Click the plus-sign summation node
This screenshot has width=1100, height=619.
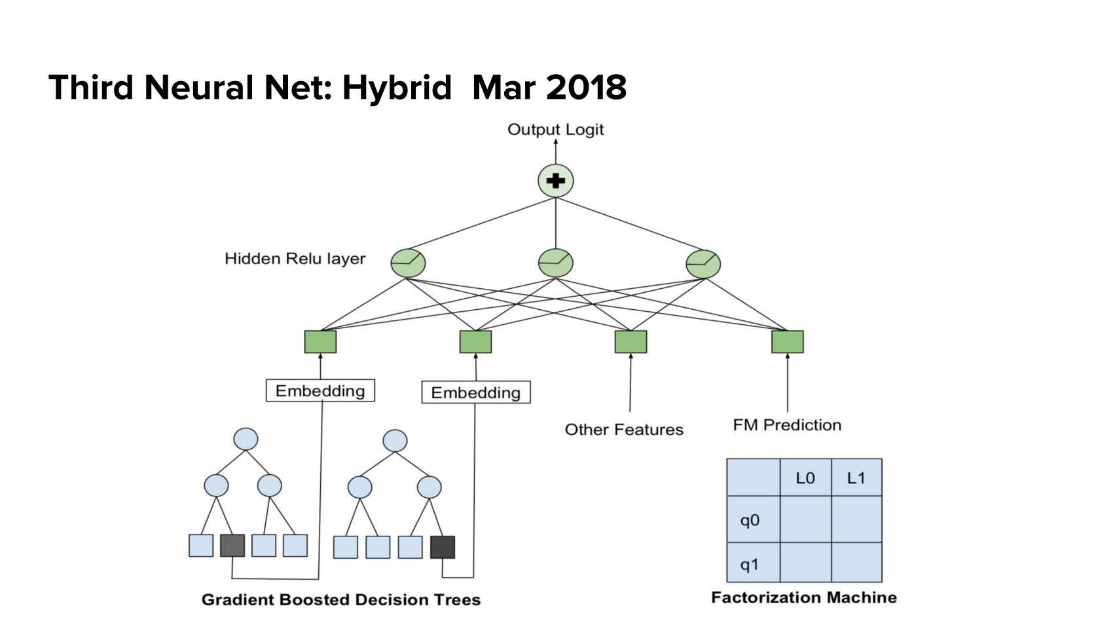(555, 181)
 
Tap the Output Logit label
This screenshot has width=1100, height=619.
(555, 130)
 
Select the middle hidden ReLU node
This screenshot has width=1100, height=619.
(555, 263)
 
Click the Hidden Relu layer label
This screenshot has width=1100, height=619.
(295, 259)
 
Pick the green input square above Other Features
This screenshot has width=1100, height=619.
(631, 342)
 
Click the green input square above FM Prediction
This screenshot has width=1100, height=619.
(787, 342)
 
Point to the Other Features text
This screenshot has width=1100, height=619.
(624, 430)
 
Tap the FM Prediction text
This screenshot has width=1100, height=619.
(787, 425)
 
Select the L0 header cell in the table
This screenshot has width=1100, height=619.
(805, 478)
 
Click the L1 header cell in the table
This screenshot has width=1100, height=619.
(856, 478)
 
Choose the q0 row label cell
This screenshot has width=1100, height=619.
(753, 520)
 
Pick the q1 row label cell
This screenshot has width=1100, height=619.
(753, 563)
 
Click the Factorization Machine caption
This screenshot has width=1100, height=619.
(804, 597)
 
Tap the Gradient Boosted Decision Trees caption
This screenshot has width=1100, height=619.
(341, 600)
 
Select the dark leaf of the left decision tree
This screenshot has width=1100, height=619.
(232, 546)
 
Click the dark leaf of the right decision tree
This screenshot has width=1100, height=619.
(443, 547)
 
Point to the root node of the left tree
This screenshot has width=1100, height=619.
(246, 439)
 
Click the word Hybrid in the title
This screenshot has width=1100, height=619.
(397, 88)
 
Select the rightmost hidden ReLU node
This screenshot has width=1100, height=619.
(703, 263)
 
